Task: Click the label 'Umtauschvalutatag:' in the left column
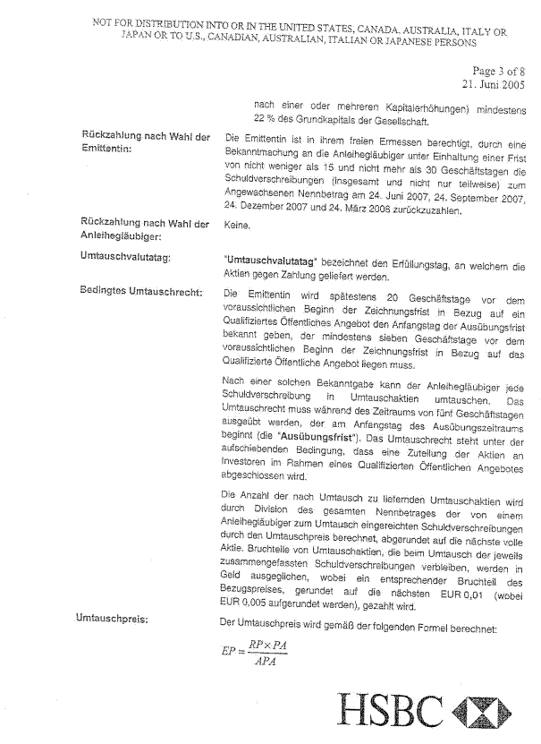[x=126, y=257]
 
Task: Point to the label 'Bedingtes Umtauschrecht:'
[x=141, y=292]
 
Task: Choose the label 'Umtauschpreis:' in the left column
[x=114, y=618]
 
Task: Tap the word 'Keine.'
[x=237, y=227]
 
